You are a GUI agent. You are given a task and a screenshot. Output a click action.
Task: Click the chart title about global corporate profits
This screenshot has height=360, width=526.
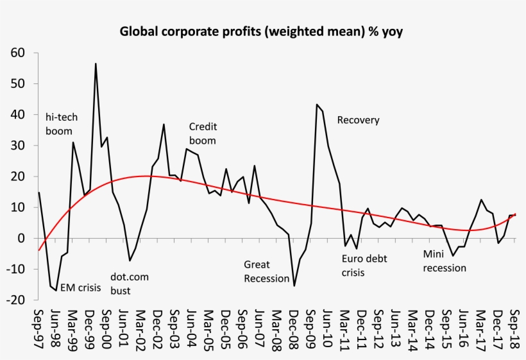(x=261, y=31)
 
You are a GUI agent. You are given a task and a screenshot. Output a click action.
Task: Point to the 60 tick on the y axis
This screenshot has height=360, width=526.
(x=19, y=53)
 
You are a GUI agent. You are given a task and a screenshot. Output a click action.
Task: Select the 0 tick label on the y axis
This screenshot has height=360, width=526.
(x=22, y=238)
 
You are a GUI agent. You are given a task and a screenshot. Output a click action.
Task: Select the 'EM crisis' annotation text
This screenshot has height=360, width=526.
(x=81, y=287)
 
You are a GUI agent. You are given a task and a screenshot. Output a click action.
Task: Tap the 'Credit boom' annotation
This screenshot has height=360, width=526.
(x=203, y=133)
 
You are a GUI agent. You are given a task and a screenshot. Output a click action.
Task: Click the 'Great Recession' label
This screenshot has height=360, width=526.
(x=267, y=271)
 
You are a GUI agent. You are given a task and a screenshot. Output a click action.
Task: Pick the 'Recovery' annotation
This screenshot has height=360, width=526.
(x=358, y=120)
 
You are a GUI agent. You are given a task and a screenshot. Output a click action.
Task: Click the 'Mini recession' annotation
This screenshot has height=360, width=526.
(x=445, y=261)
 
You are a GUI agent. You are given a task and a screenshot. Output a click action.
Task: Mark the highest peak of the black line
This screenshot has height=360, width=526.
(x=96, y=64)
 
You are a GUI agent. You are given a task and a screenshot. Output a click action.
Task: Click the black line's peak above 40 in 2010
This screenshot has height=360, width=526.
(x=317, y=105)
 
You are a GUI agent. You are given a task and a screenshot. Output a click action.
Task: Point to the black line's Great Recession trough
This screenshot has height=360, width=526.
(x=294, y=286)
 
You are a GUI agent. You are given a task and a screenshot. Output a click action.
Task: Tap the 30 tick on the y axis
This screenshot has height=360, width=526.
(x=19, y=146)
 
